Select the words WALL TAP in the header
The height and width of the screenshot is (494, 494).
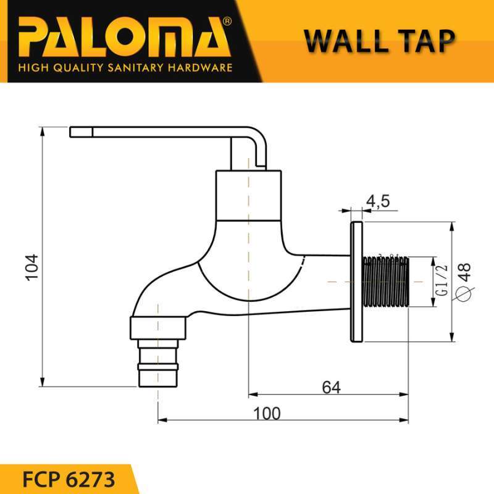coord(379,40)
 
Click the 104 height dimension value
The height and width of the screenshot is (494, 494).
coord(31,267)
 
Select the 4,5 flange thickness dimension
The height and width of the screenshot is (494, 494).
coord(377,201)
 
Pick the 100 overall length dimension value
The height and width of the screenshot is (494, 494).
coord(267,413)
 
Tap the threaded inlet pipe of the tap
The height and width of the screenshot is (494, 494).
coord(387,281)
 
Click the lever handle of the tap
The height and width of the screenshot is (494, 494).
coord(161,132)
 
